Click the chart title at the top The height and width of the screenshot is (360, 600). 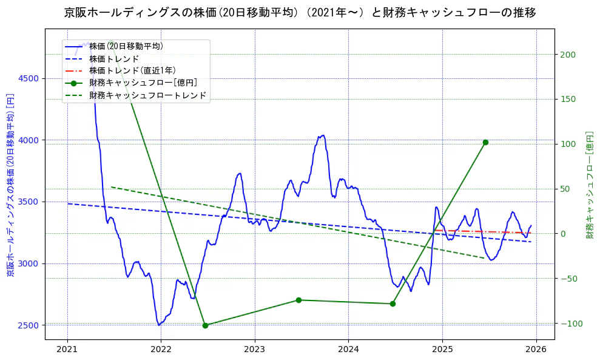300,13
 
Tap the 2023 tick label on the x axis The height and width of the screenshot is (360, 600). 255,349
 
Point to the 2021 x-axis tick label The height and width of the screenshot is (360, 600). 67,349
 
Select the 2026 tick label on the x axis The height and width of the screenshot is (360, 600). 536,349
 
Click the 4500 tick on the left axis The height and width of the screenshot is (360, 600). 29,78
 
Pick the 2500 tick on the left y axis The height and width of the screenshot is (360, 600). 29,325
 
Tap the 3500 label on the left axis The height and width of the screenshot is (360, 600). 29,202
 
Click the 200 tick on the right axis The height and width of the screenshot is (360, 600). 568,55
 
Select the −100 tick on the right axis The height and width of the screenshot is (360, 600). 570,323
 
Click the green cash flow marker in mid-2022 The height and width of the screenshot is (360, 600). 205,325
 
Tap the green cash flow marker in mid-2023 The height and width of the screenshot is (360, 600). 298,300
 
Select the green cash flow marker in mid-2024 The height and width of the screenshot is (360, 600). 393,304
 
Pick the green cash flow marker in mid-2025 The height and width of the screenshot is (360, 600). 485,142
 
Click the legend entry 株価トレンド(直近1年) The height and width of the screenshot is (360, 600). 133,70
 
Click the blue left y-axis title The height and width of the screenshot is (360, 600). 10,185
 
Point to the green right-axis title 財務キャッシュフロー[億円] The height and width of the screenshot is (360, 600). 589,185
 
